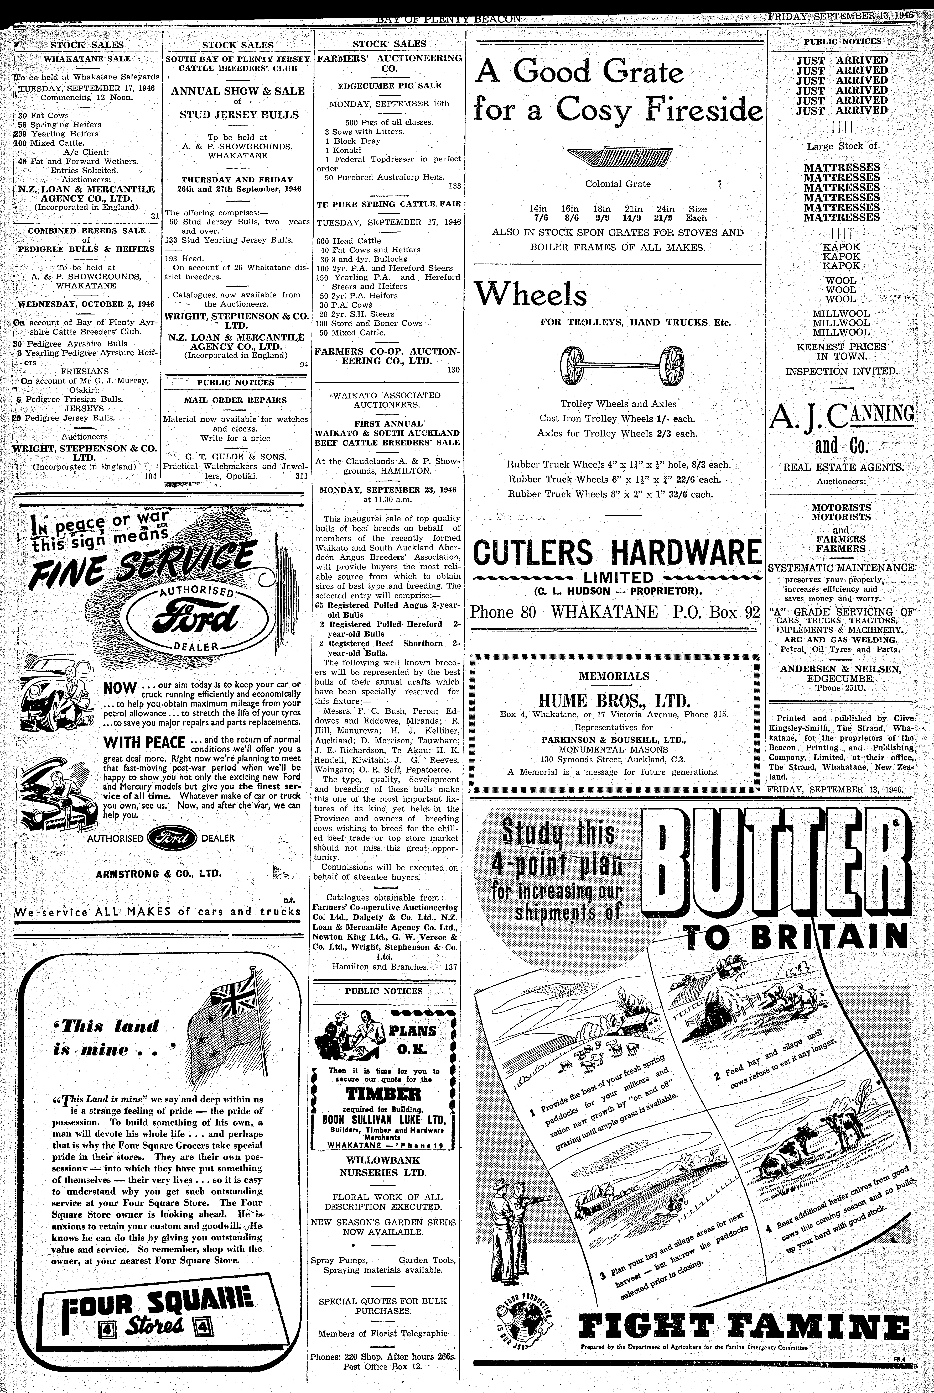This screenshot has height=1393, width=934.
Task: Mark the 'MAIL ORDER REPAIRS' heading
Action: [235, 400]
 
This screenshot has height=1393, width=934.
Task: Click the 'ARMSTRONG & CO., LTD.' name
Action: [158, 874]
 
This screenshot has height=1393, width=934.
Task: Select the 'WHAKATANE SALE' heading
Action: [87, 59]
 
